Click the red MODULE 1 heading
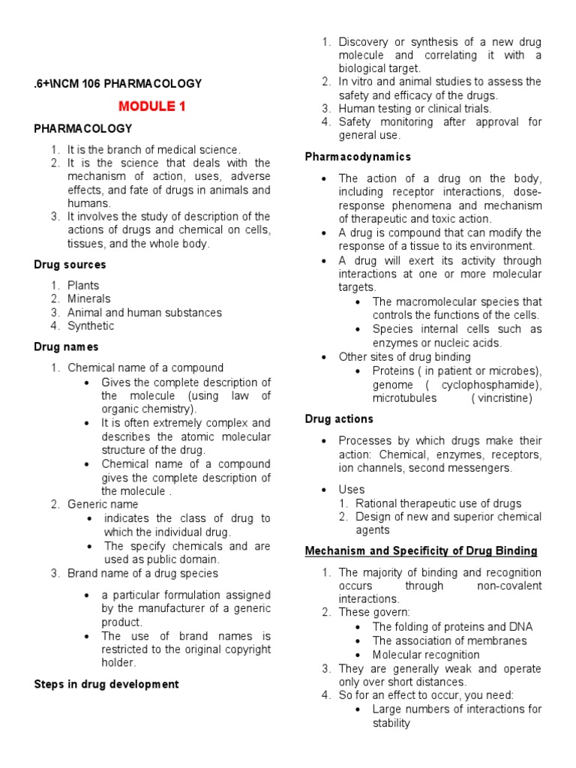[x=152, y=106]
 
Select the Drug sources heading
[x=70, y=265]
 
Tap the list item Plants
[x=83, y=285]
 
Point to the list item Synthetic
[x=91, y=325]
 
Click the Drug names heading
[x=66, y=346]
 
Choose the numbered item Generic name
[x=103, y=504]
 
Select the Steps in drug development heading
[x=106, y=684]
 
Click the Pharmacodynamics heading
[x=358, y=157]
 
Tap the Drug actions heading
[x=339, y=418]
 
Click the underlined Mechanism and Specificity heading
[x=421, y=550]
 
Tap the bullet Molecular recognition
[x=426, y=655]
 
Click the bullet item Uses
[x=352, y=490]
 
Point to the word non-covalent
[x=508, y=586]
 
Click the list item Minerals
[x=89, y=298]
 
